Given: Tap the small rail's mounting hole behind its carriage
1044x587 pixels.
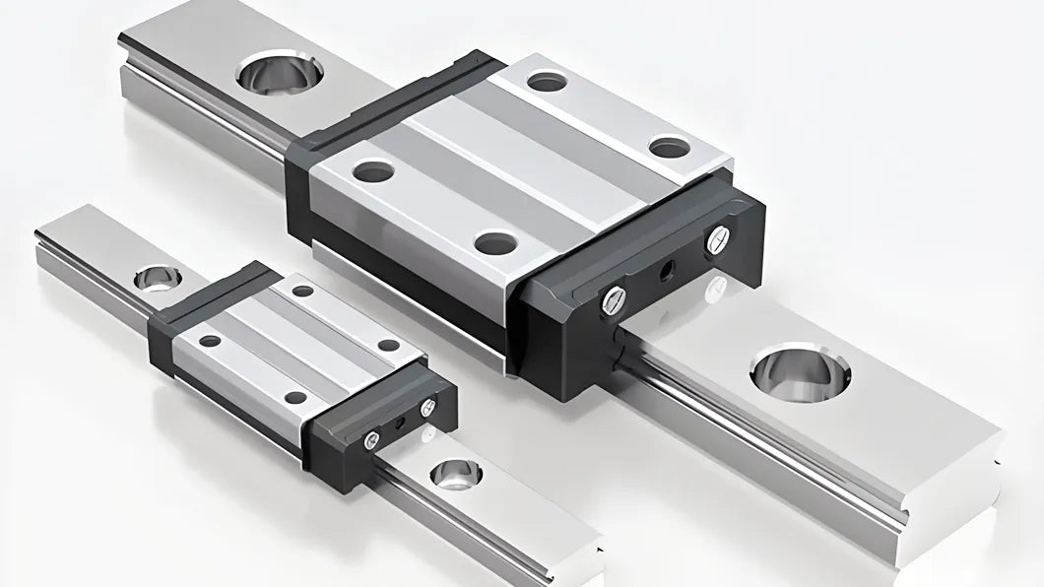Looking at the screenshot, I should pyautogui.click(x=152, y=277).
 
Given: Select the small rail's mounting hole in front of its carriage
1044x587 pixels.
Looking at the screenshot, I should pyautogui.click(x=456, y=474).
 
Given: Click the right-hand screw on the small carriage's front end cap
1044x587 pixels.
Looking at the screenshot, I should pyautogui.click(x=427, y=406).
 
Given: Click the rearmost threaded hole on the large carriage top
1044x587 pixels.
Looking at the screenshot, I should pyautogui.click(x=548, y=82).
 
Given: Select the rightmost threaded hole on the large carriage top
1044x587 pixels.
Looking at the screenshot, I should pyautogui.click(x=670, y=148).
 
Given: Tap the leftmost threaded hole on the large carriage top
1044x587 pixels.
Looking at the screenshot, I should pyautogui.click(x=373, y=172).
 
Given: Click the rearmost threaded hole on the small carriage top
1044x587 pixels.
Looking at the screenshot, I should pyautogui.click(x=302, y=291).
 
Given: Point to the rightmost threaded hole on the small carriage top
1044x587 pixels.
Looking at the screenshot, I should pyautogui.click(x=389, y=345).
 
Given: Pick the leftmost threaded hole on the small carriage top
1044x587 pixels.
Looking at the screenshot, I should pyautogui.click(x=210, y=341).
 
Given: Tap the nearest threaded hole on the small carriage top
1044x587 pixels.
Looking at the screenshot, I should pyautogui.click(x=295, y=398).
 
